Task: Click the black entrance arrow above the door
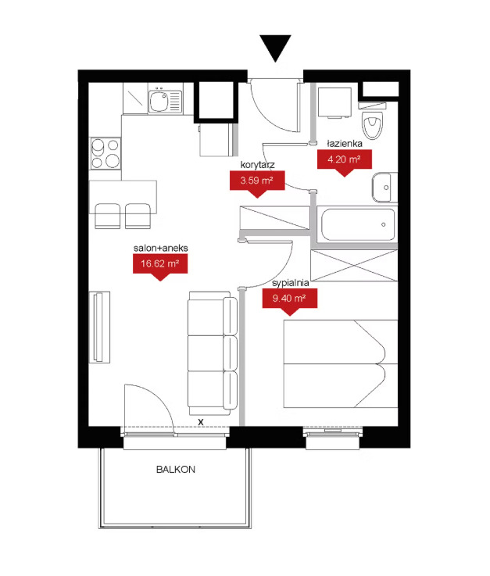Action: click(x=276, y=48)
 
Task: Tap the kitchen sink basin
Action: click(x=159, y=101)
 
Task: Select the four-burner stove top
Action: click(x=106, y=153)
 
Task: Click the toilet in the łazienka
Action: click(x=372, y=121)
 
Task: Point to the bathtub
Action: click(x=358, y=224)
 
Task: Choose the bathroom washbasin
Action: click(x=384, y=188)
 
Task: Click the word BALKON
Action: click(x=176, y=470)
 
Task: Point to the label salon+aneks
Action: click(x=160, y=249)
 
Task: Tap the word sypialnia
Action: click(x=290, y=283)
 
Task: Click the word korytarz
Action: click(x=257, y=165)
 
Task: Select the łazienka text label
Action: click(x=345, y=144)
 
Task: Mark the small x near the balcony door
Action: click(x=201, y=423)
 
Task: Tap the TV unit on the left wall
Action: click(x=99, y=327)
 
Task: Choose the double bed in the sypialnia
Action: click(x=341, y=363)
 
